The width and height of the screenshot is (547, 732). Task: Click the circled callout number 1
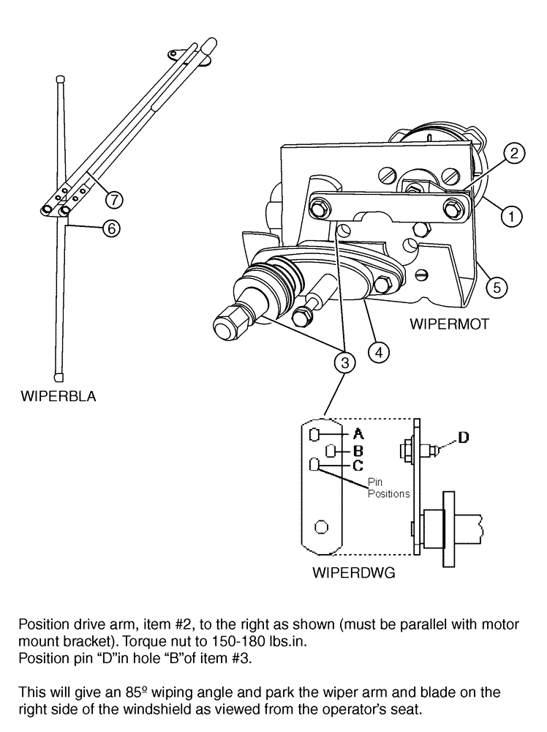512,215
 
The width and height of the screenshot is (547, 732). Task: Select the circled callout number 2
516,153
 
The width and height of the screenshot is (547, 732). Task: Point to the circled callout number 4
378,352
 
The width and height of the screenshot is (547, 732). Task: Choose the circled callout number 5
497,287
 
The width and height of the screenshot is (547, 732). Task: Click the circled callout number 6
111,228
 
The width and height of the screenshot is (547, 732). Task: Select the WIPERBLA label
59,397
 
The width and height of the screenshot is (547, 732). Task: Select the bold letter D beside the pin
462,437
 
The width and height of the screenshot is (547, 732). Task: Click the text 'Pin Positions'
388,488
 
